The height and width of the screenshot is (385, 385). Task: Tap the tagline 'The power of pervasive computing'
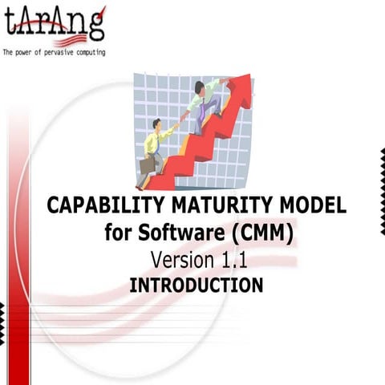[54, 53]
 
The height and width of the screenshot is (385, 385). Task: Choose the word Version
[183, 260]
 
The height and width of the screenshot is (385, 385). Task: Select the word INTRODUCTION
[196, 285]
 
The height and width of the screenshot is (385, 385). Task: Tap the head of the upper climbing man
[200, 87]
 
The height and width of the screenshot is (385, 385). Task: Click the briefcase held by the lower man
[148, 164]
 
